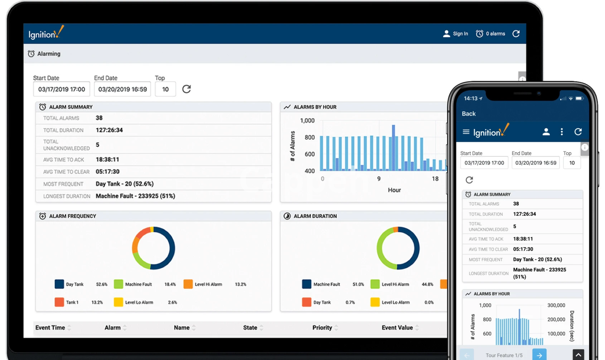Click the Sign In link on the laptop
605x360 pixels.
coord(456,34)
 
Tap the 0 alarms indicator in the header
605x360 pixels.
coord(491,34)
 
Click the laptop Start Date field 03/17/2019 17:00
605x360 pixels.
coord(61,89)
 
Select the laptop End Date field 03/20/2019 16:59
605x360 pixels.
coord(122,89)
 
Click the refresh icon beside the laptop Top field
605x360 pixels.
coord(187,89)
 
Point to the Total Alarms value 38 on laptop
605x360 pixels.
coord(99,118)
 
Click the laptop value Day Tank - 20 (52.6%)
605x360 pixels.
coord(124,184)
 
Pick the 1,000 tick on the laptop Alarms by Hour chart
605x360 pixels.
coord(307,121)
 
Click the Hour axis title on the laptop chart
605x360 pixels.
coord(394,190)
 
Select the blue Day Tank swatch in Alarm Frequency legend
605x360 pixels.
coord(59,284)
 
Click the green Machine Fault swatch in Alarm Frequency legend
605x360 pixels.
coord(118,284)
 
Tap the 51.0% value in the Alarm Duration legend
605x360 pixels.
coord(358,284)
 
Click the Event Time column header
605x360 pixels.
coord(50,328)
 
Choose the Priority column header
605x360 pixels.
coord(322,328)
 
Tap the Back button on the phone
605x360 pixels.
coord(469,114)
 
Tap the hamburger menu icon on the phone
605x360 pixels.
coord(466,132)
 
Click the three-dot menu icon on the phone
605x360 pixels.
coord(562,132)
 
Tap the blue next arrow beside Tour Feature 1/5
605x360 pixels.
coord(539,355)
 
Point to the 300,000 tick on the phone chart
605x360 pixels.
coord(556,305)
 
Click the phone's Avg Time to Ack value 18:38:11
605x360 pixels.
coord(523,239)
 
